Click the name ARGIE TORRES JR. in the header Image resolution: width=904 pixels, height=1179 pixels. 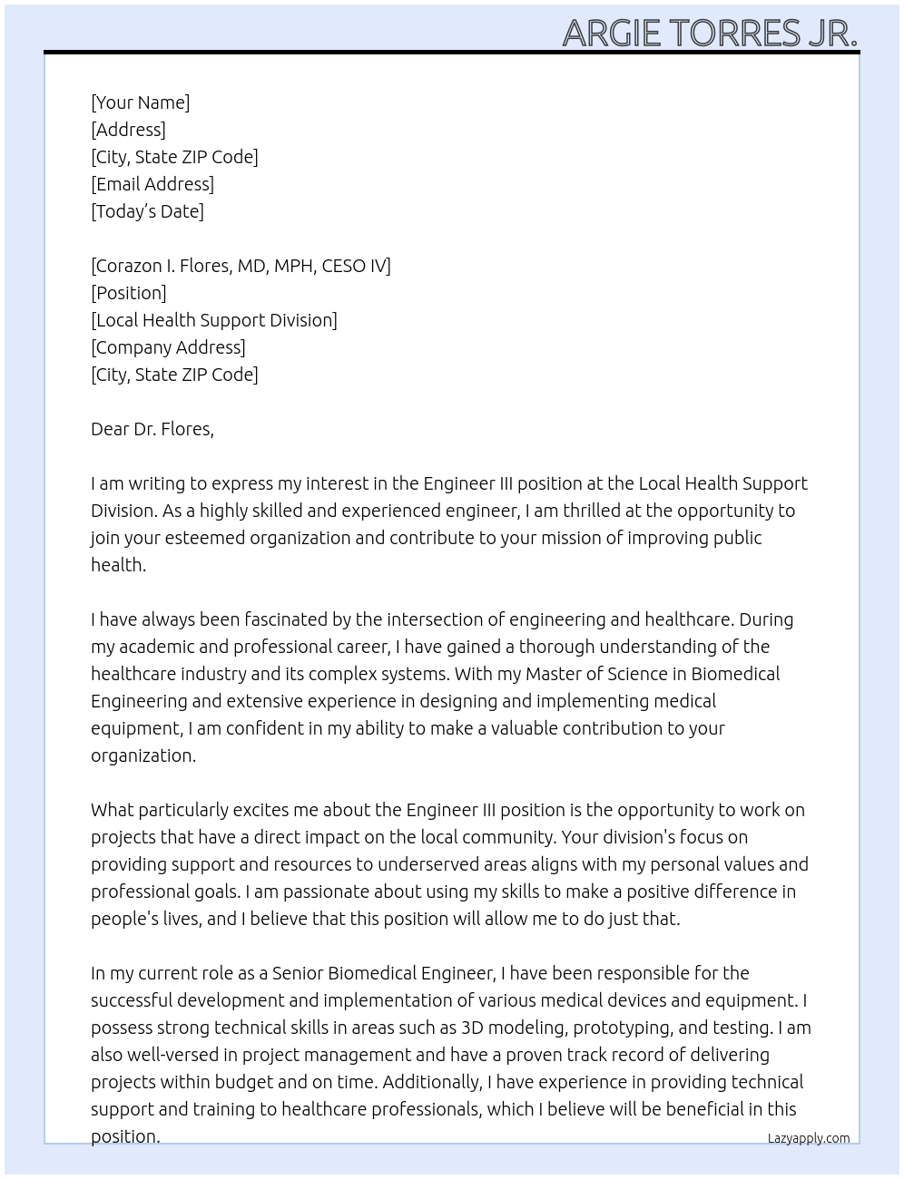pos(710,33)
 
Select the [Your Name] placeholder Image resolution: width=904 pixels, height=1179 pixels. pos(140,102)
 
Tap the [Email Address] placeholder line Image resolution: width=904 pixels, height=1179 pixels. pos(152,184)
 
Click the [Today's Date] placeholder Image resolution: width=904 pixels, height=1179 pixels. pos(147,211)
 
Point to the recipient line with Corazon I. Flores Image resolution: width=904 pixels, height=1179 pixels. pos(241,266)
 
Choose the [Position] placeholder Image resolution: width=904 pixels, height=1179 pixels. pos(129,293)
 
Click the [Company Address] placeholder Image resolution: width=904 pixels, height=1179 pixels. pos(168,347)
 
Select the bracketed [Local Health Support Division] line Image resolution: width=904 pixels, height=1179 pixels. pos(214,320)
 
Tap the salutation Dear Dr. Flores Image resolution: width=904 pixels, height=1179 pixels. pos(152,429)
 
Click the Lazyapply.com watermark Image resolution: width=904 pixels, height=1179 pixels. pos(808,1138)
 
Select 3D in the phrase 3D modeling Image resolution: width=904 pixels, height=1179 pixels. pos(472,1028)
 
